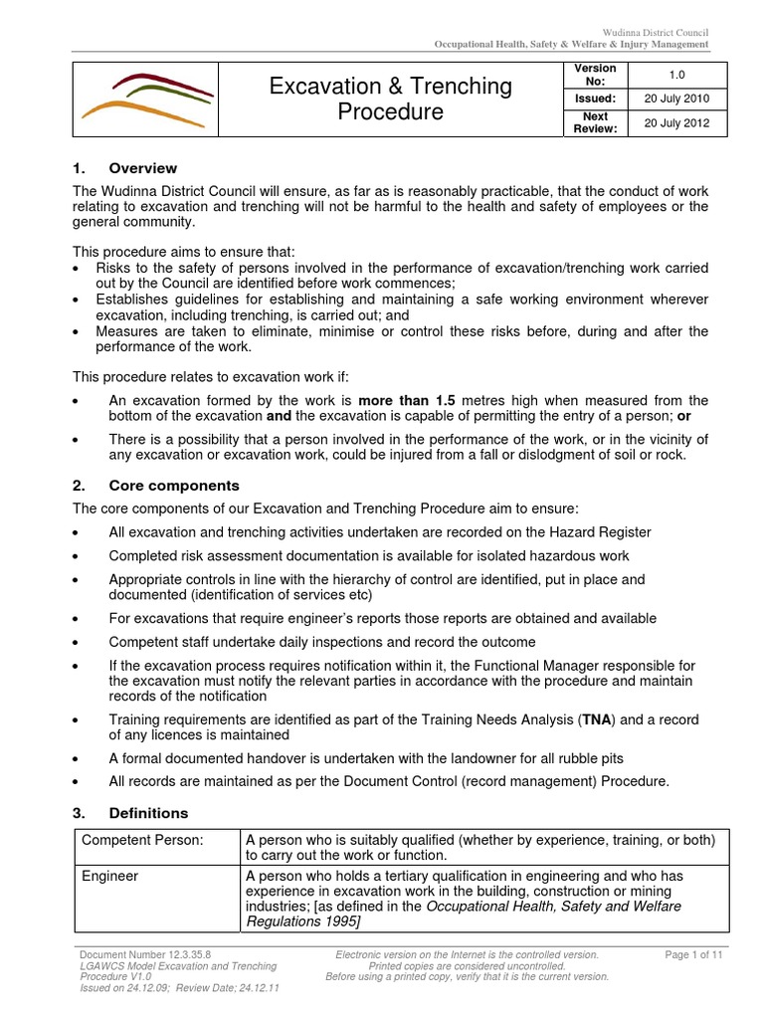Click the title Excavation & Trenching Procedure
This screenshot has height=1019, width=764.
[390, 100]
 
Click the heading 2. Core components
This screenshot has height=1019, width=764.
[156, 486]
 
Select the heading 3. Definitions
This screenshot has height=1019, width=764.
[130, 813]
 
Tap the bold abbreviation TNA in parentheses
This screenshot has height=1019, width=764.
[598, 718]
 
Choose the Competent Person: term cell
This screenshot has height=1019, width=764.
[142, 840]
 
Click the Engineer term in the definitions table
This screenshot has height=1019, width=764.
[110, 876]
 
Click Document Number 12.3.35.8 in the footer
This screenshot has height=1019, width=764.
[145, 954]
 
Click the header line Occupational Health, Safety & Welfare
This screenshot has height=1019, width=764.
[571, 44]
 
